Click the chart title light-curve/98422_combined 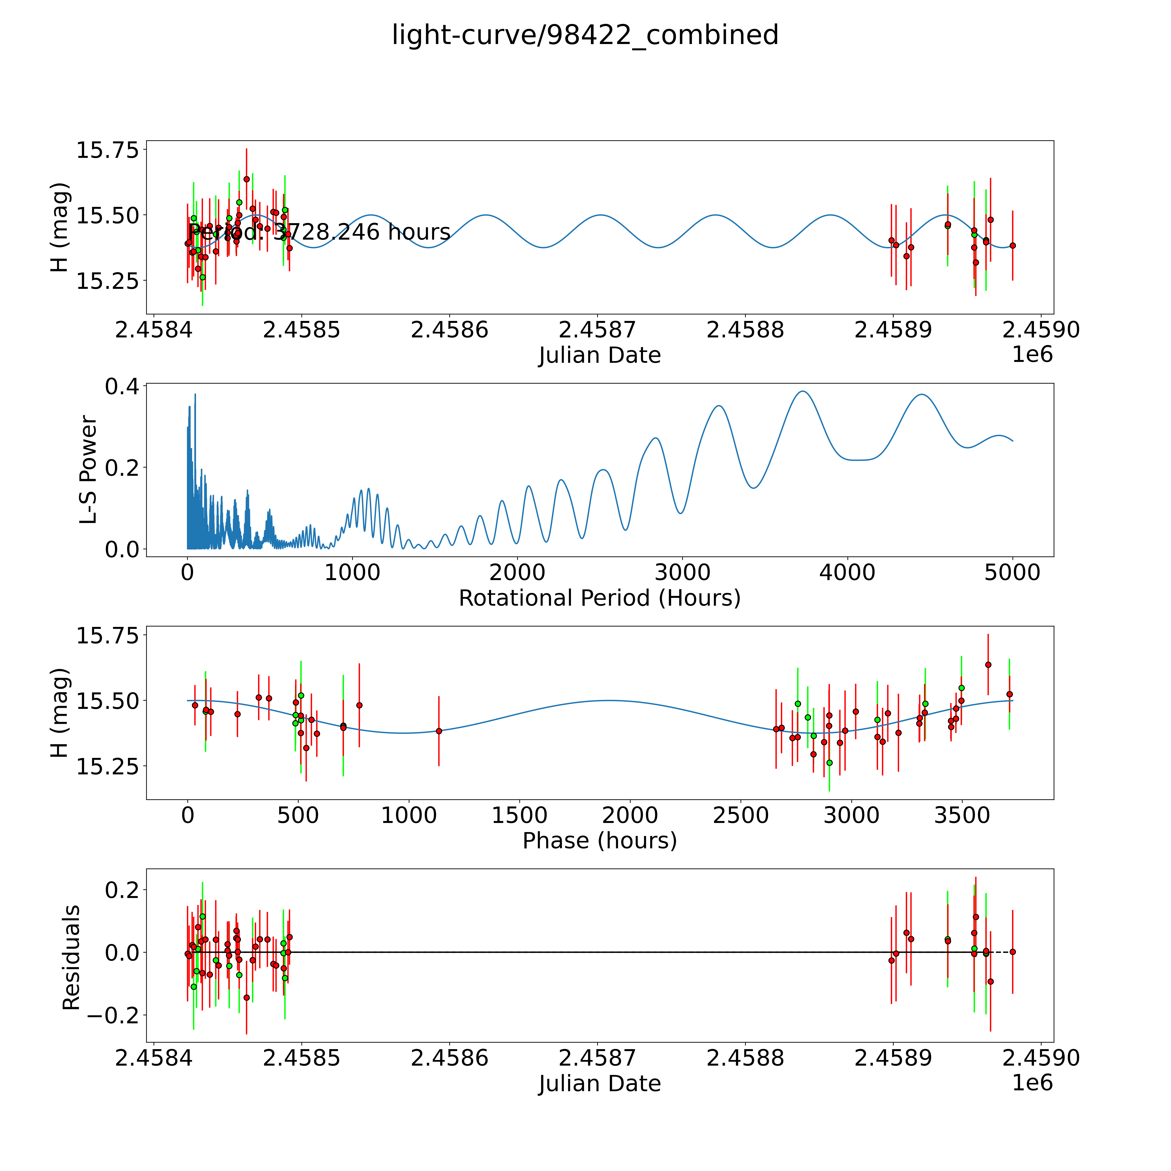pos(585,35)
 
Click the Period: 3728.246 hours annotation pos(319,232)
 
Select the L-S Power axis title pos(88,470)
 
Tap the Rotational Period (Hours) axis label pos(599,598)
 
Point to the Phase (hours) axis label pos(599,841)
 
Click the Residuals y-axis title pos(72,958)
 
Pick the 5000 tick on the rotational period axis pos(1012,573)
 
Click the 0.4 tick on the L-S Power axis pos(121,387)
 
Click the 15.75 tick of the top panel pos(107,150)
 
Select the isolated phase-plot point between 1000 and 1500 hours pos(439,731)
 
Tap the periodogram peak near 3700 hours pos(803,392)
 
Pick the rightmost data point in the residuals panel pos(1012,952)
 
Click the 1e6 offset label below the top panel pos(1032,355)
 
